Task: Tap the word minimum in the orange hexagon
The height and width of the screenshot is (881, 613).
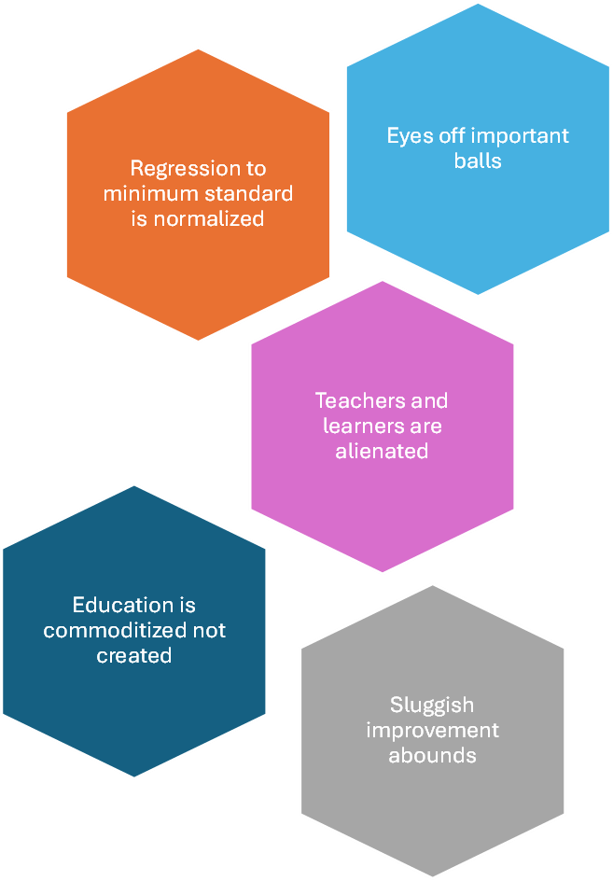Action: [146, 194]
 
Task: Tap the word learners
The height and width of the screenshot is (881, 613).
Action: [358, 427]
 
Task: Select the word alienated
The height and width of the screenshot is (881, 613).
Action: [383, 451]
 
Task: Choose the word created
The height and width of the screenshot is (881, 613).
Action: [134, 655]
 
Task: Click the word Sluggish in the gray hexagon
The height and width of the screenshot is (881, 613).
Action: [432, 706]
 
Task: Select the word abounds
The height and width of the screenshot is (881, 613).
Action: [432, 754]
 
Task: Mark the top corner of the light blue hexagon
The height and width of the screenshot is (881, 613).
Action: [479, 4]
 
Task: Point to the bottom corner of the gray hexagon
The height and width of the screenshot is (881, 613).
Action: [433, 877]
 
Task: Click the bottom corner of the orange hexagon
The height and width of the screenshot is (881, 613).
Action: [198, 341]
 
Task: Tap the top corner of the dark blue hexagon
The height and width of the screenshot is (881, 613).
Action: [135, 484]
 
